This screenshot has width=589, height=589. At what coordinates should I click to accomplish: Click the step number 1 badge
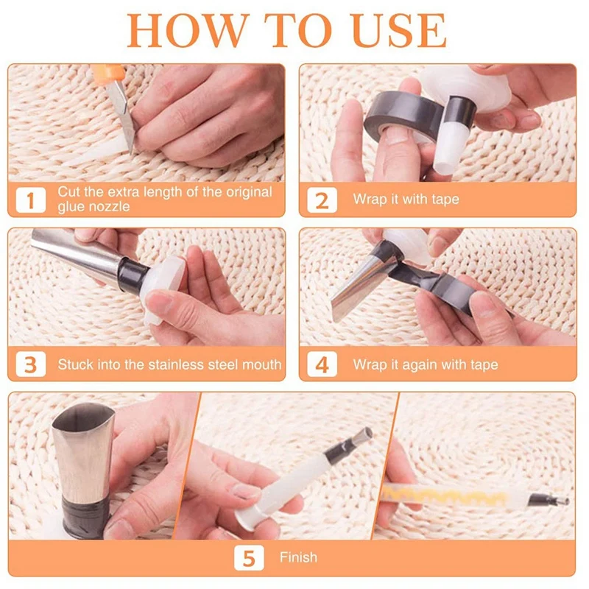(x=31, y=200)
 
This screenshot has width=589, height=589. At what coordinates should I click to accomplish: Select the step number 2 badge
(x=322, y=200)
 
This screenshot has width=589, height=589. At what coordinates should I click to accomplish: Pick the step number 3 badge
(x=31, y=364)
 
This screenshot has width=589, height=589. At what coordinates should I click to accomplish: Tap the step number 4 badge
(x=322, y=364)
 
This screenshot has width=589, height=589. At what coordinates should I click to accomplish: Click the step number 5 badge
(x=248, y=557)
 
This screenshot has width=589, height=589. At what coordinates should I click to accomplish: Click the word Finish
(x=298, y=557)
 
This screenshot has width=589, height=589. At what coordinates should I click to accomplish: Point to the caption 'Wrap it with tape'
(x=406, y=200)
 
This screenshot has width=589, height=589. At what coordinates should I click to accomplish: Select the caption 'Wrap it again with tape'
(x=425, y=364)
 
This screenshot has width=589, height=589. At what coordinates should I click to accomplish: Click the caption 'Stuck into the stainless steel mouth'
(x=169, y=364)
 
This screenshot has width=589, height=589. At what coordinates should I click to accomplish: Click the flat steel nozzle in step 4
(x=361, y=283)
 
